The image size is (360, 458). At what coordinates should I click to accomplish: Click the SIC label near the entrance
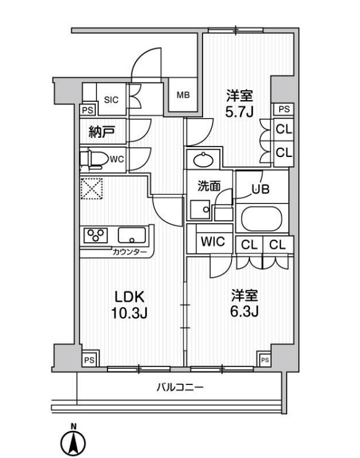pyautogui.click(x=111, y=99)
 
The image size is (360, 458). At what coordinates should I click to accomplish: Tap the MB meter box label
pyautogui.click(x=183, y=95)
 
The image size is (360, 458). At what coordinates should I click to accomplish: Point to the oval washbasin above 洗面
pyautogui.click(x=203, y=161)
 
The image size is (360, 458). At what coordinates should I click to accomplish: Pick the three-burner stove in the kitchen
pyautogui.click(x=96, y=235)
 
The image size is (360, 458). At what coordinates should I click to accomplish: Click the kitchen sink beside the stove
pyautogui.click(x=131, y=235)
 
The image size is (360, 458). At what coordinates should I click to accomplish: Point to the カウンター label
pyautogui.click(x=130, y=252)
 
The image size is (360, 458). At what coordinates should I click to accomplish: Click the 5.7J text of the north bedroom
pyautogui.click(x=240, y=111)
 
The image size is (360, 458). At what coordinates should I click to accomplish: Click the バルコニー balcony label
pyautogui.click(x=179, y=388)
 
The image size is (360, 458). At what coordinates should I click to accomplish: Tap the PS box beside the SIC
pyautogui.click(x=88, y=110)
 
